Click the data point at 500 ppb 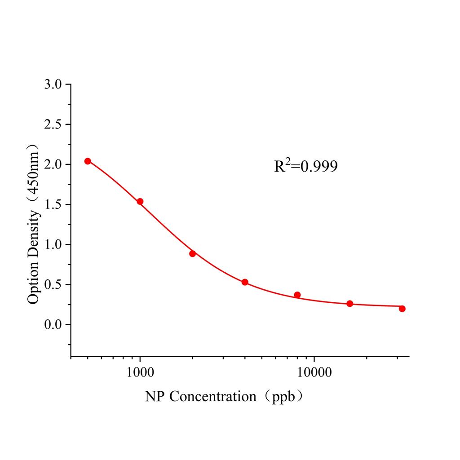click(88, 161)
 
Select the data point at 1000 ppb click(140, 201)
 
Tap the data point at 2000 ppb click(192, 253)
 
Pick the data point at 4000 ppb click(245, 282)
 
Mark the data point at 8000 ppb click(297, 295)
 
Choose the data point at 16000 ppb click(350, 304)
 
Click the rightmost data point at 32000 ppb click(402, 309)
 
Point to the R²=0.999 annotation click(306, 167)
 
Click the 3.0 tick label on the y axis click(54, 84)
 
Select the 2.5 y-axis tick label click(54, 124)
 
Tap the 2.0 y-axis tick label click(54, 164)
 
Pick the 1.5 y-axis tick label click(54, 204)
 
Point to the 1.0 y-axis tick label click(54, 244)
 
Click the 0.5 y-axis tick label click(54, 284)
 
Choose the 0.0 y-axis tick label click(54, 324)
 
